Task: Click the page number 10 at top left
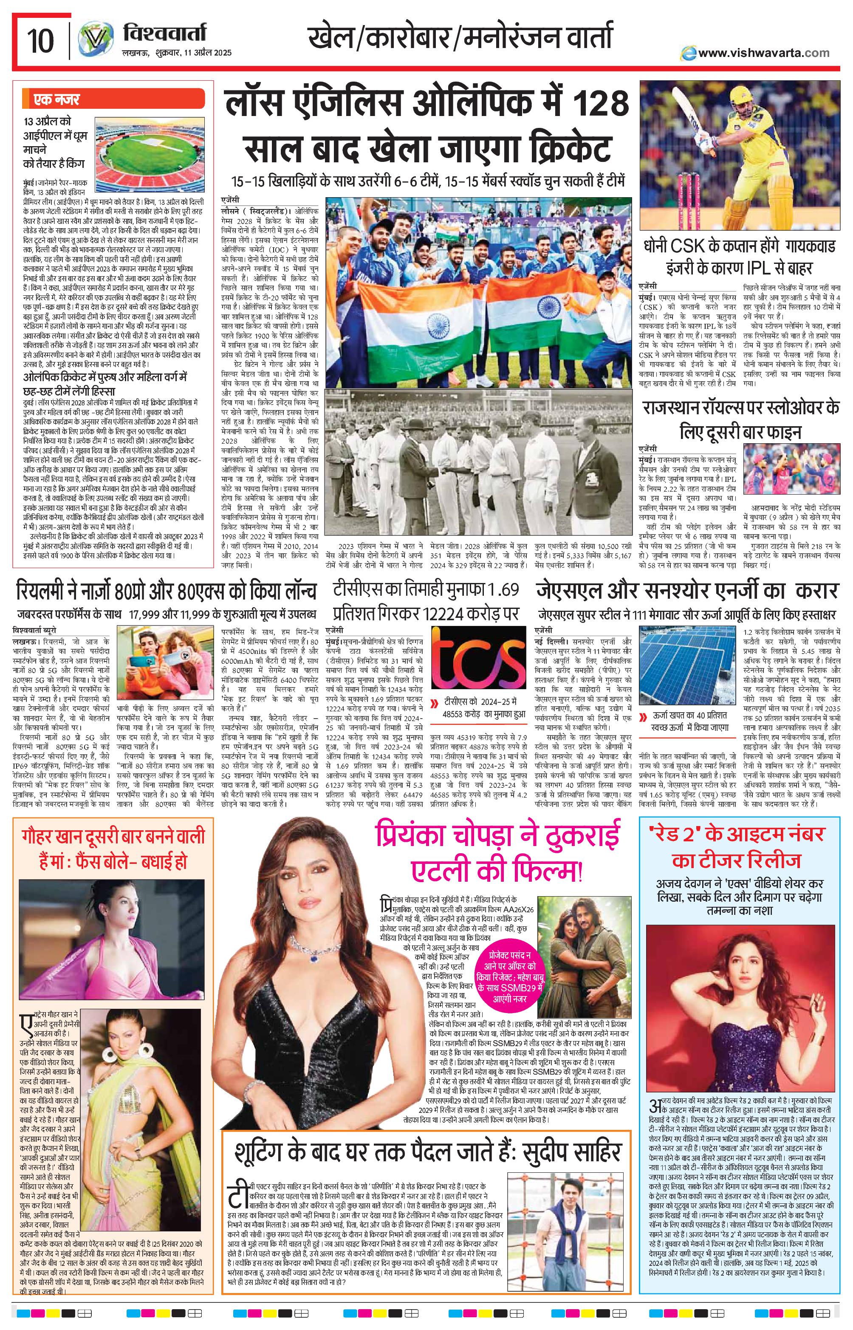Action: [x=40, y=41]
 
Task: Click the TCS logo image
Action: [x=478, y=670]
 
